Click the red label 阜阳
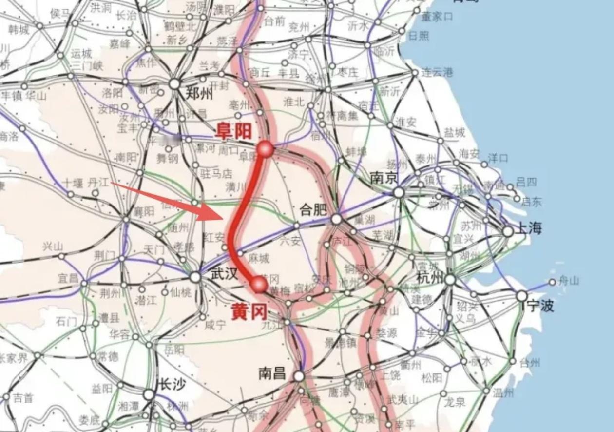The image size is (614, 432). [x=234, y=131]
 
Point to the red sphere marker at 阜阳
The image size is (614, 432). [x=266, y=149]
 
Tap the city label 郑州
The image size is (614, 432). [x=199, y=93]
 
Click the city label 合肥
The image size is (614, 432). [x=313, y=210]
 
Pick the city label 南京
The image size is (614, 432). [x=384, y=178]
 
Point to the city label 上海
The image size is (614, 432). [x=528, y=228]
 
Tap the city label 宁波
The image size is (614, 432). [x=540, y=306]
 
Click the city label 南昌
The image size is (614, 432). [x=272, y=373]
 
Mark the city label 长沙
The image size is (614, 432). [x=170, y=385]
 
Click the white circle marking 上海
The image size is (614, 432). [x=508, y=231]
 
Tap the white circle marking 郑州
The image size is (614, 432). [x=174, y=84]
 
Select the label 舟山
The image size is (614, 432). [x=568, y=281]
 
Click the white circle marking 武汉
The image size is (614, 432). [x=195, y=277]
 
